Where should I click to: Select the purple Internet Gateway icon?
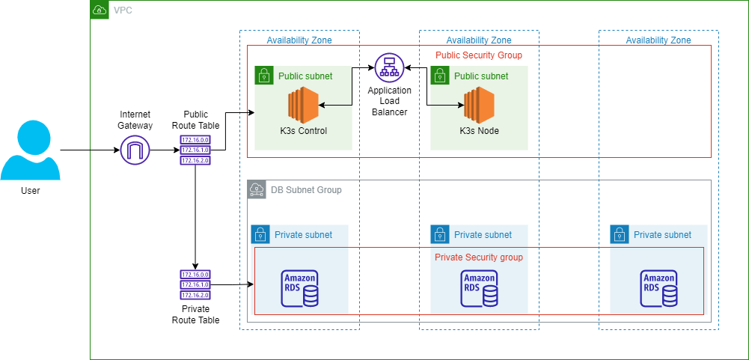(x=135, y=151)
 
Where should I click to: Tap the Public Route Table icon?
(x=195, y=150)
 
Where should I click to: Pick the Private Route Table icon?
(x=195, y=284)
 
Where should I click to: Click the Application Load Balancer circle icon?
(x=389, y=68)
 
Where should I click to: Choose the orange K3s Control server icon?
(x=303, y=106)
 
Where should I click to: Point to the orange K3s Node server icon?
(x=479, y=106)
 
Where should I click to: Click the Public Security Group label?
(x=479, y=55)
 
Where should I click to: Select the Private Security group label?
(x=479, y=257)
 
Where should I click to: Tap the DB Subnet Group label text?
(x=306, y=190)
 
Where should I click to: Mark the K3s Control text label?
(x=303, y=130)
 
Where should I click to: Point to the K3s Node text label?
(x=479, y=130)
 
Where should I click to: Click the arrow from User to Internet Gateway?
(x=90, y=151)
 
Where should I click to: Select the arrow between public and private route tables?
(x=195, y=217)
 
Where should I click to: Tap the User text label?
(x=30, y=191)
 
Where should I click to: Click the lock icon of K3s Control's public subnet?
(x=263, y=75)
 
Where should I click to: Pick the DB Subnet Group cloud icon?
(x=256, y=189)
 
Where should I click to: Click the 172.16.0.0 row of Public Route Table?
(x=195, y=140)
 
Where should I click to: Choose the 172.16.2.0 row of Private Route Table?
(x=195, y=295)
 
